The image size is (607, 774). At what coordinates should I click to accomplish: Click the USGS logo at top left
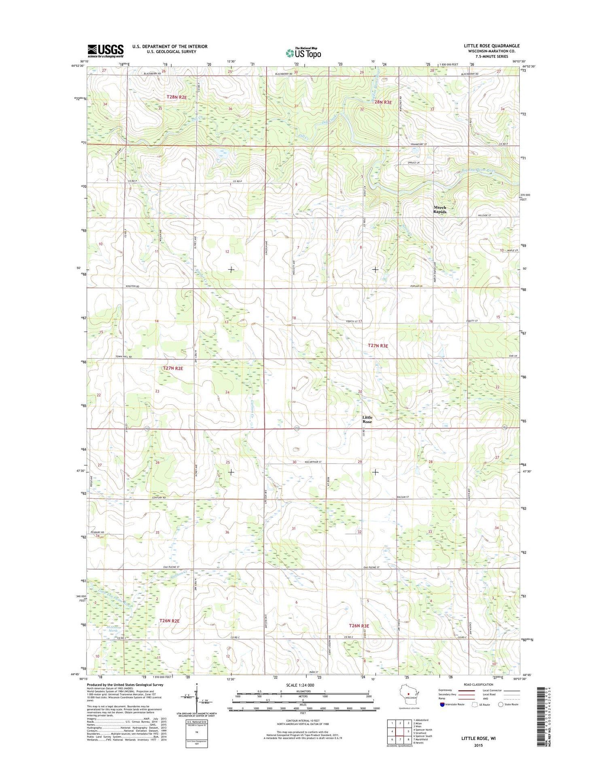106,51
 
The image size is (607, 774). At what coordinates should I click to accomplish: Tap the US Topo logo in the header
303,53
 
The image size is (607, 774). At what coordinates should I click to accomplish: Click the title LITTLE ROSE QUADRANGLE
491,46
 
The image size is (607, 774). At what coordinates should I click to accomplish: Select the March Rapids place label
440,209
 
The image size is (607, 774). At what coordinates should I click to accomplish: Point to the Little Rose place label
367,419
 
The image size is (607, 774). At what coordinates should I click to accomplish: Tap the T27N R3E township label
378,346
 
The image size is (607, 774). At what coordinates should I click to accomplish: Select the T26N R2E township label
169,621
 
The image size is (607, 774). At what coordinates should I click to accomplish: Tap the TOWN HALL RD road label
124,357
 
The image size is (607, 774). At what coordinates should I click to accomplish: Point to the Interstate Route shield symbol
442,704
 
